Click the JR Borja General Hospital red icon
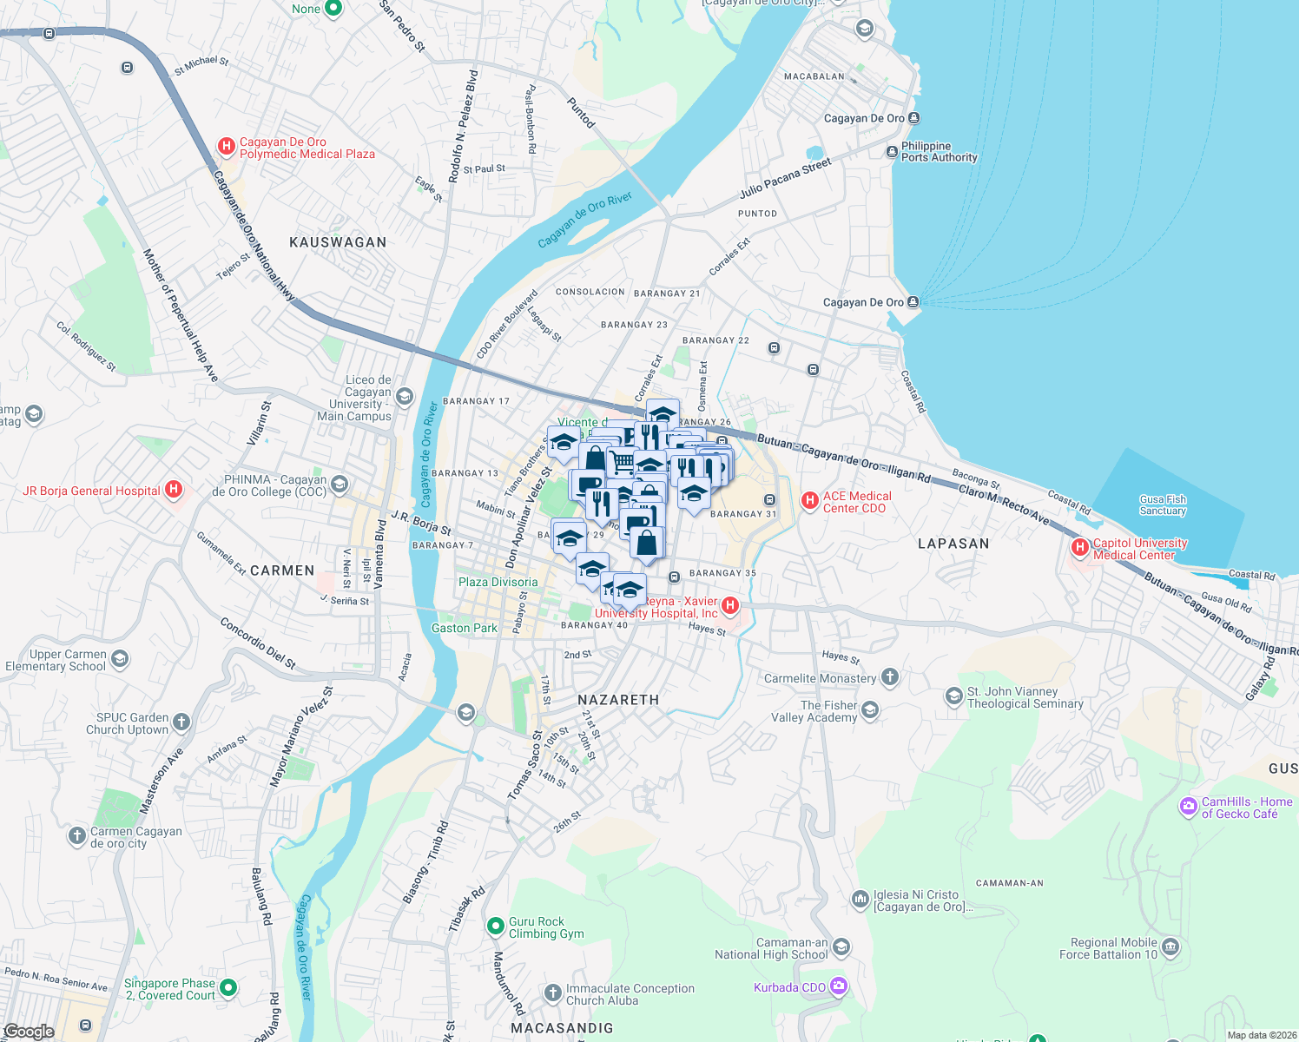174,490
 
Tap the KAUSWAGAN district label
338,242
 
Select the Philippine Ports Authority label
939,152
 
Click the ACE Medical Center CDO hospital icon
809,500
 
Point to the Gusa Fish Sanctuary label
1163,505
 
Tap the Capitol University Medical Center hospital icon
1080,547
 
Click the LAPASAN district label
953,544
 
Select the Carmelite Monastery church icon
889,677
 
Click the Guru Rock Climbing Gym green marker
495,927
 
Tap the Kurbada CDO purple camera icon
838,986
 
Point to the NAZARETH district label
618,700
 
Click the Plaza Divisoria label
498,582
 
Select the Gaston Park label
465,628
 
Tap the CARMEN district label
282,570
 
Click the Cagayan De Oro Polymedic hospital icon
227,147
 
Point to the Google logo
29,1031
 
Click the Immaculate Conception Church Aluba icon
553,993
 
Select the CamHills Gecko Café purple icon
1188,808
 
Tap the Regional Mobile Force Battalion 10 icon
1170,946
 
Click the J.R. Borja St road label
421,523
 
